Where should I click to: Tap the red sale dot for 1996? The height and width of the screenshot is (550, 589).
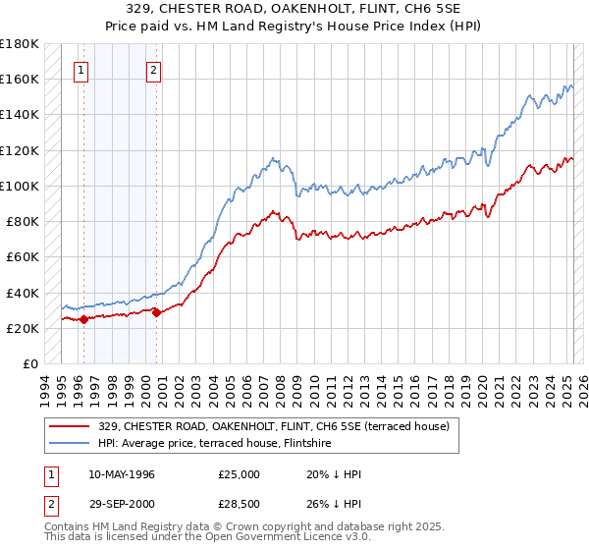(x=83, y=318)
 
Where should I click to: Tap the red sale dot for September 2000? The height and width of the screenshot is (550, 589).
(x=156, y=312)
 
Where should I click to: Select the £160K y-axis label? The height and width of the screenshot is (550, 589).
(x=19, y=79)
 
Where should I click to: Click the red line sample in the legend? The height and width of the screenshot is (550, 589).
(x=69, y=426)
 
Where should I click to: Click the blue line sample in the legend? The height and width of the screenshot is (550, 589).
(x=69, y=444)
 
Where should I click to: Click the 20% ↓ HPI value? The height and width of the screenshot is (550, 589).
(x=334, y=474)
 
